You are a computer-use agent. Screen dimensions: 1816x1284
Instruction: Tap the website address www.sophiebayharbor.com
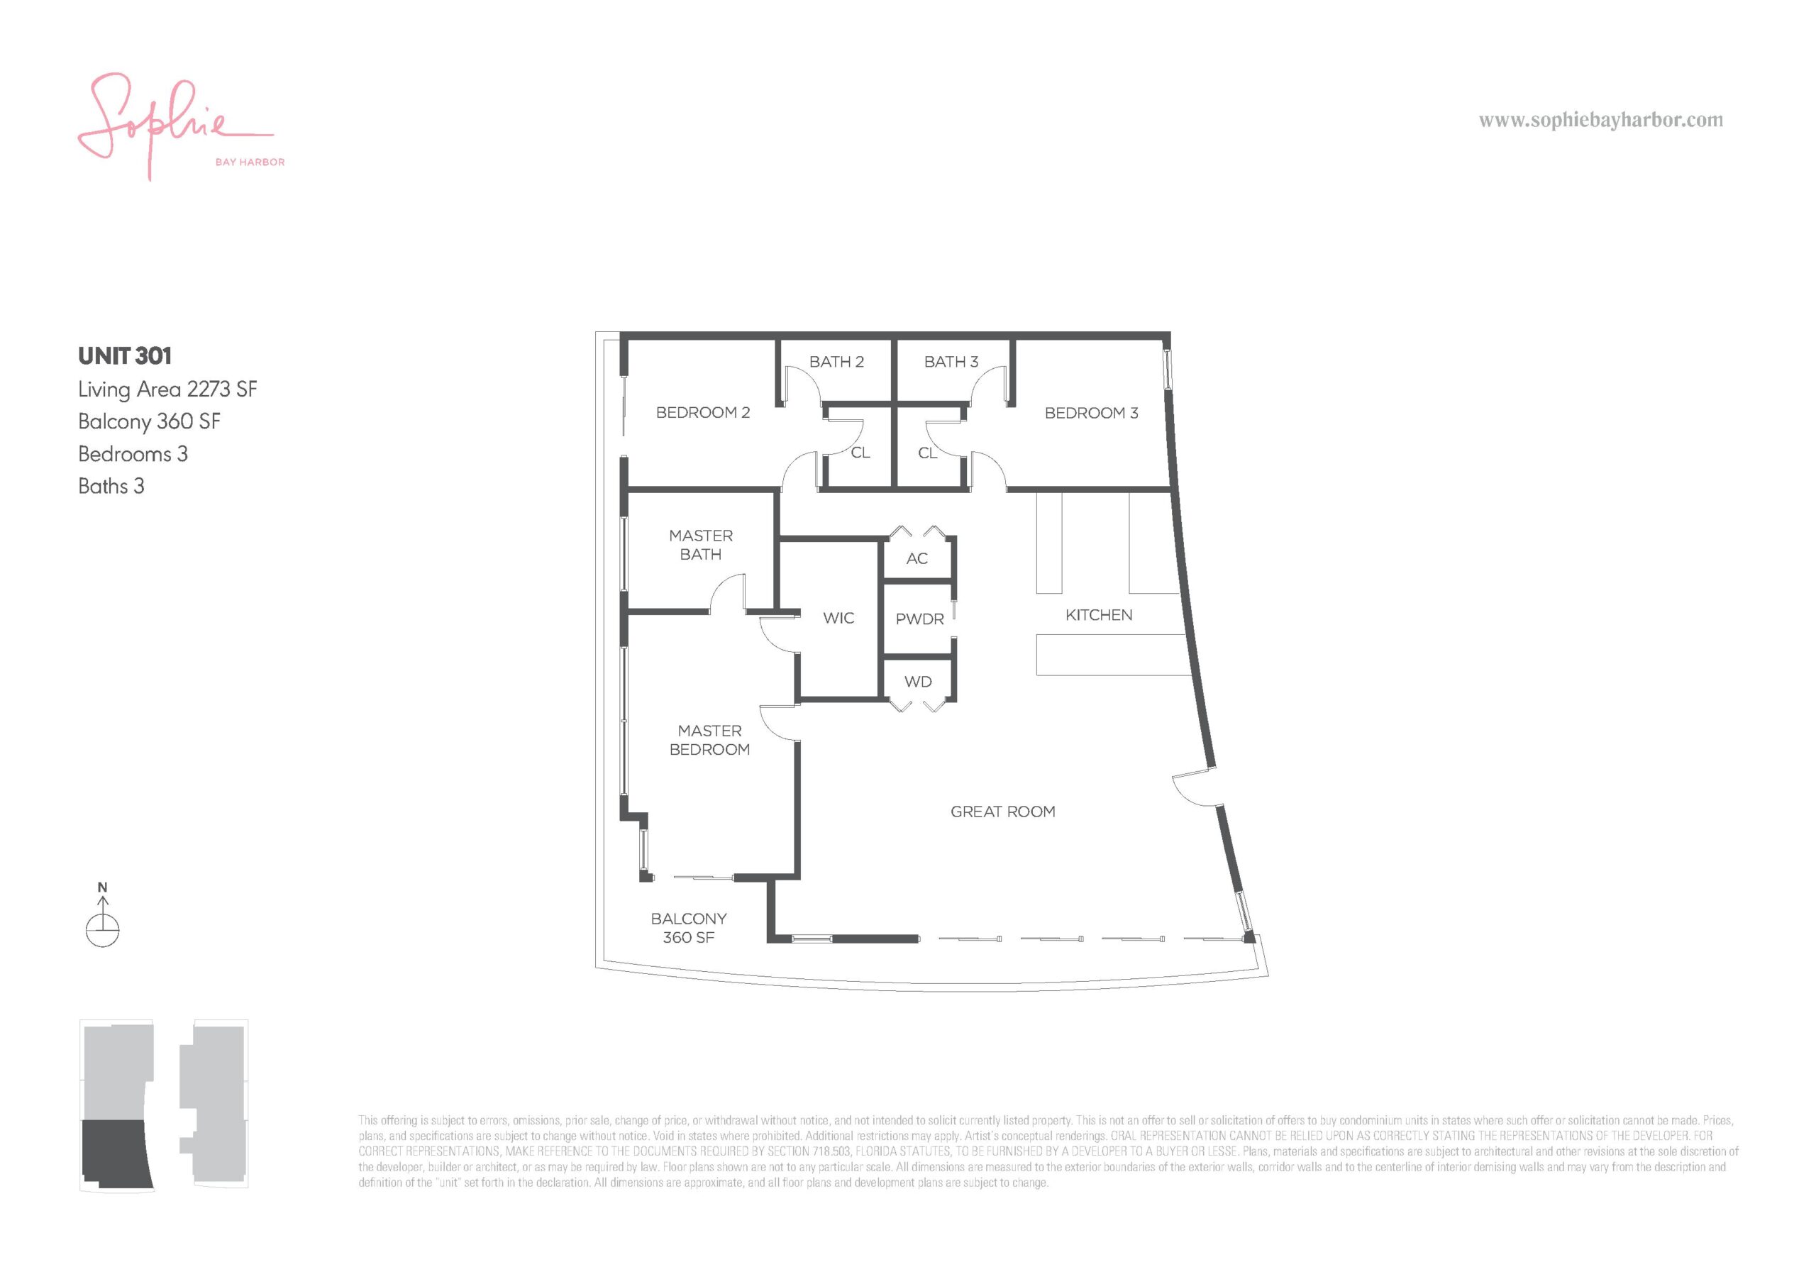click(x=1601, y=121)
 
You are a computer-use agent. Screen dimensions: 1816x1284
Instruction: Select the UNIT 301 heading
click(x=125, y=356)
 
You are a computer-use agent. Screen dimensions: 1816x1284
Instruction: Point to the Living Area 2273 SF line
click(x=167, y=389)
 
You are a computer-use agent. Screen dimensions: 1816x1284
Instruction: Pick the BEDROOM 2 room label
click(x=702, y=412)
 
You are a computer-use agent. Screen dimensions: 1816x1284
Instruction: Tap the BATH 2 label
click(x=836, y=362)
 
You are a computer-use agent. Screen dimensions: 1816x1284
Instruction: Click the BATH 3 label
click(x=951, y=362)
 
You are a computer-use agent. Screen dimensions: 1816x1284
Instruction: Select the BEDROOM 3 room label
click(x=1091, y=413)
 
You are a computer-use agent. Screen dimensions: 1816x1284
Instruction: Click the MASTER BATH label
click(x=701, y=545)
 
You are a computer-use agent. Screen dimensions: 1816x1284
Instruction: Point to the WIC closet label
click(x=838, y=618)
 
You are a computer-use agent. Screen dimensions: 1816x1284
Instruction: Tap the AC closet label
click(x=917, y=558)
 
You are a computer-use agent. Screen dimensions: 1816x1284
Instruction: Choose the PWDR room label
click(x=919, y=619)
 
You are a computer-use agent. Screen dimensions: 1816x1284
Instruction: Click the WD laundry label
click(x=917, y=682)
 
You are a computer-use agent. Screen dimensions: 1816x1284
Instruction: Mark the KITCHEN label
click(x=1099, y=615)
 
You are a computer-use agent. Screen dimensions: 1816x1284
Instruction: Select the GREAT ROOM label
click(x=1003, y=812)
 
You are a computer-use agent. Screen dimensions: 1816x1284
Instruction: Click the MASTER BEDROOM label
click(x=709, y=740)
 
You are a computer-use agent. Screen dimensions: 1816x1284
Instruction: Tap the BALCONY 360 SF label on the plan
click(x=688, y=928)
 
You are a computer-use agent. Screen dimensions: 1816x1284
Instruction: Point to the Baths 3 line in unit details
click(x=111, y=486)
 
